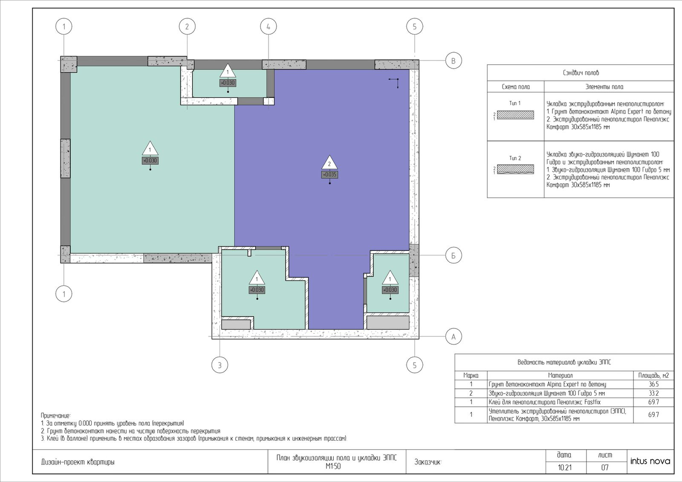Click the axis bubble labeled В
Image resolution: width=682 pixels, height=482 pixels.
[x=454, y=60]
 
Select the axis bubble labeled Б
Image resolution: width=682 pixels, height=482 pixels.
[x=454, y=255]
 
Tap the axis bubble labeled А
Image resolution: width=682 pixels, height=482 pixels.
[x=454, y=337]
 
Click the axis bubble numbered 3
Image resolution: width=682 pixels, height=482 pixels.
[x=220, y=365]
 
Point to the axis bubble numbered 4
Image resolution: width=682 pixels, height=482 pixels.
[x=268, y=27]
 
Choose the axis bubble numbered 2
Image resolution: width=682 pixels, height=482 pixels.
[x=187, y=27]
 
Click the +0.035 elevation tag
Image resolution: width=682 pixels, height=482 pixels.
[x=329, y=175]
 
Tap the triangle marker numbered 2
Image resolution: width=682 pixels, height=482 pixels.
[x=329, y=163]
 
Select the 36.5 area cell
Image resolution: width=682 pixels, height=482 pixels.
[x=653, y=384]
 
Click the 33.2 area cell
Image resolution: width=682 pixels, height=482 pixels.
[x=653, y=393]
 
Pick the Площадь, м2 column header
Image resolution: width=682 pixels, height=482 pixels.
[x=653, y=375]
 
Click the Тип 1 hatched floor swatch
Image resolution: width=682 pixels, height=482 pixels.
[x=515, y=115]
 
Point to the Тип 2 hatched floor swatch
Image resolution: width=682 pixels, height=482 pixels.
[x=515, y=169]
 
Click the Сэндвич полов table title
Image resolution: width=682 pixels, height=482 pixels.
[x=581, y=73]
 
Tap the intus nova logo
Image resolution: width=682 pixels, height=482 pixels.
[x=650, y=461]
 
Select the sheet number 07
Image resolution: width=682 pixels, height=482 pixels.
[x=605, y=468]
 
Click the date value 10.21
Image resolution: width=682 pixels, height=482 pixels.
[x=564, y=468]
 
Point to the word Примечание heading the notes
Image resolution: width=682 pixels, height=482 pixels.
[x=56, y=416]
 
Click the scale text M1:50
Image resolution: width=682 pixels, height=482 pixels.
[x=333, y=466]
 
